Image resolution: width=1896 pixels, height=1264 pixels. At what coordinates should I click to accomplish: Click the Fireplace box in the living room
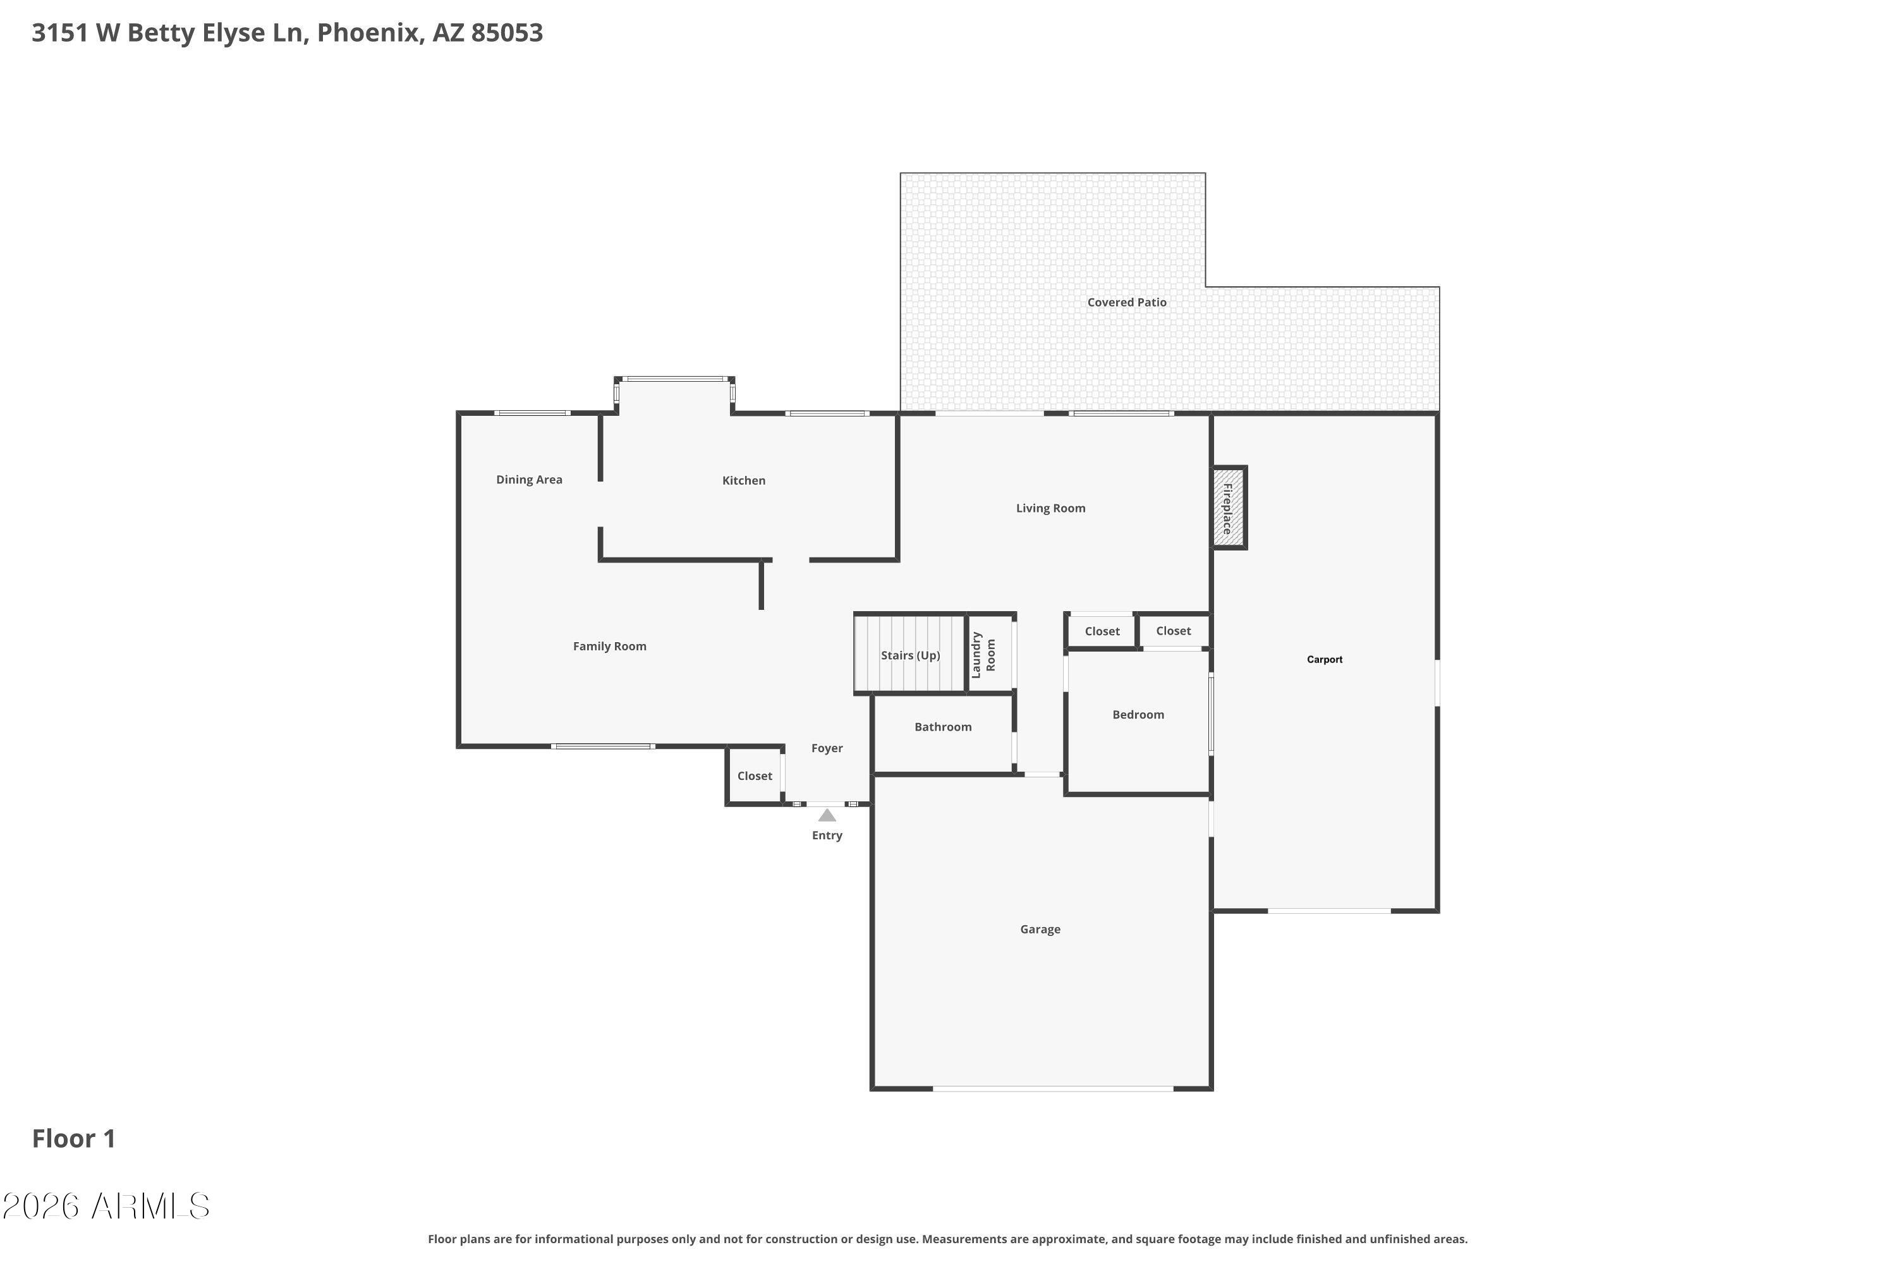pos(1229,508)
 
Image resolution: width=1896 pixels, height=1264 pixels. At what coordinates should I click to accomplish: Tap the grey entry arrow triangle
pos(827,816)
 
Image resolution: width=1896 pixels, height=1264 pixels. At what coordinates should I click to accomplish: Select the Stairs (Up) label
pos(910,655)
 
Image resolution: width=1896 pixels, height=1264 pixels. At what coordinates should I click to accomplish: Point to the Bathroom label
pos(942,727)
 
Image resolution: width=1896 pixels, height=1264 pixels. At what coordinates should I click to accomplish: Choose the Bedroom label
pos(1138,715)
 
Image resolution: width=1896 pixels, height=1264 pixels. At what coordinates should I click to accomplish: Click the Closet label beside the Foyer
pos(755,776)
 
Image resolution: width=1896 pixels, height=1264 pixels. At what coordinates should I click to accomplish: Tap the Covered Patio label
pos(1126,302)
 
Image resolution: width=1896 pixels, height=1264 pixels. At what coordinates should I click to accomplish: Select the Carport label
pos(1325,659)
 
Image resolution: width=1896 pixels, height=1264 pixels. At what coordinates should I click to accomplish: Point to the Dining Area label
pos(529,480)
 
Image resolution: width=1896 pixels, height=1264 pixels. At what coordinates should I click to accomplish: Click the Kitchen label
pos(743,480)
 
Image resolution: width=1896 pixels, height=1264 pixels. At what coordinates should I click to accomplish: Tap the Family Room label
pos(609,647)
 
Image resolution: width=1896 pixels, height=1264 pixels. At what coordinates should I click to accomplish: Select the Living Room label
pos(1050,509)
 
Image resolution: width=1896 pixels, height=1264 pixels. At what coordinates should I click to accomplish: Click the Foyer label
pos(827,749)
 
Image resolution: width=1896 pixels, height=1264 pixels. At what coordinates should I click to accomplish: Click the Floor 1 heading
pos(73,1138)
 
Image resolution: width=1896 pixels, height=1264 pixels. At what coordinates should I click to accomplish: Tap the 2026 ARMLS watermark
pos(106,1206)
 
